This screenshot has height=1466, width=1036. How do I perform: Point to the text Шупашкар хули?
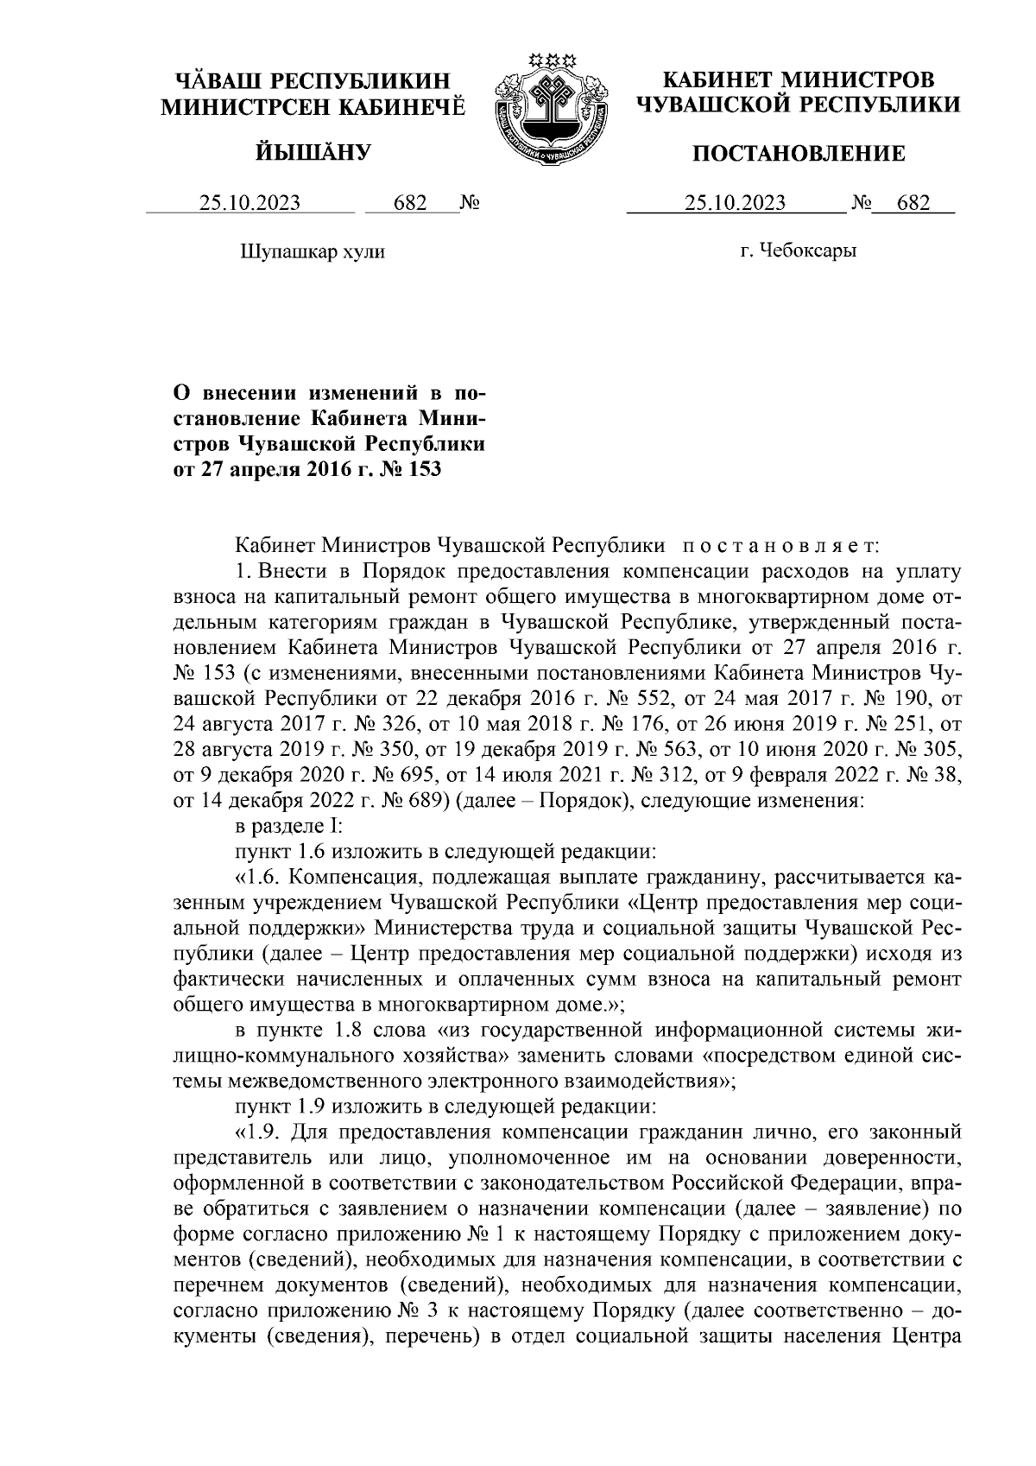[311, 252]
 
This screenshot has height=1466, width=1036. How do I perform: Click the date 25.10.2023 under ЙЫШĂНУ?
[250, 204]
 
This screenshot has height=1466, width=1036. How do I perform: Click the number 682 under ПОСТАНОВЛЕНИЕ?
[913, 204]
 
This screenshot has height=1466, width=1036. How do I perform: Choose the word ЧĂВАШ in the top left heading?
[217, 80]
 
